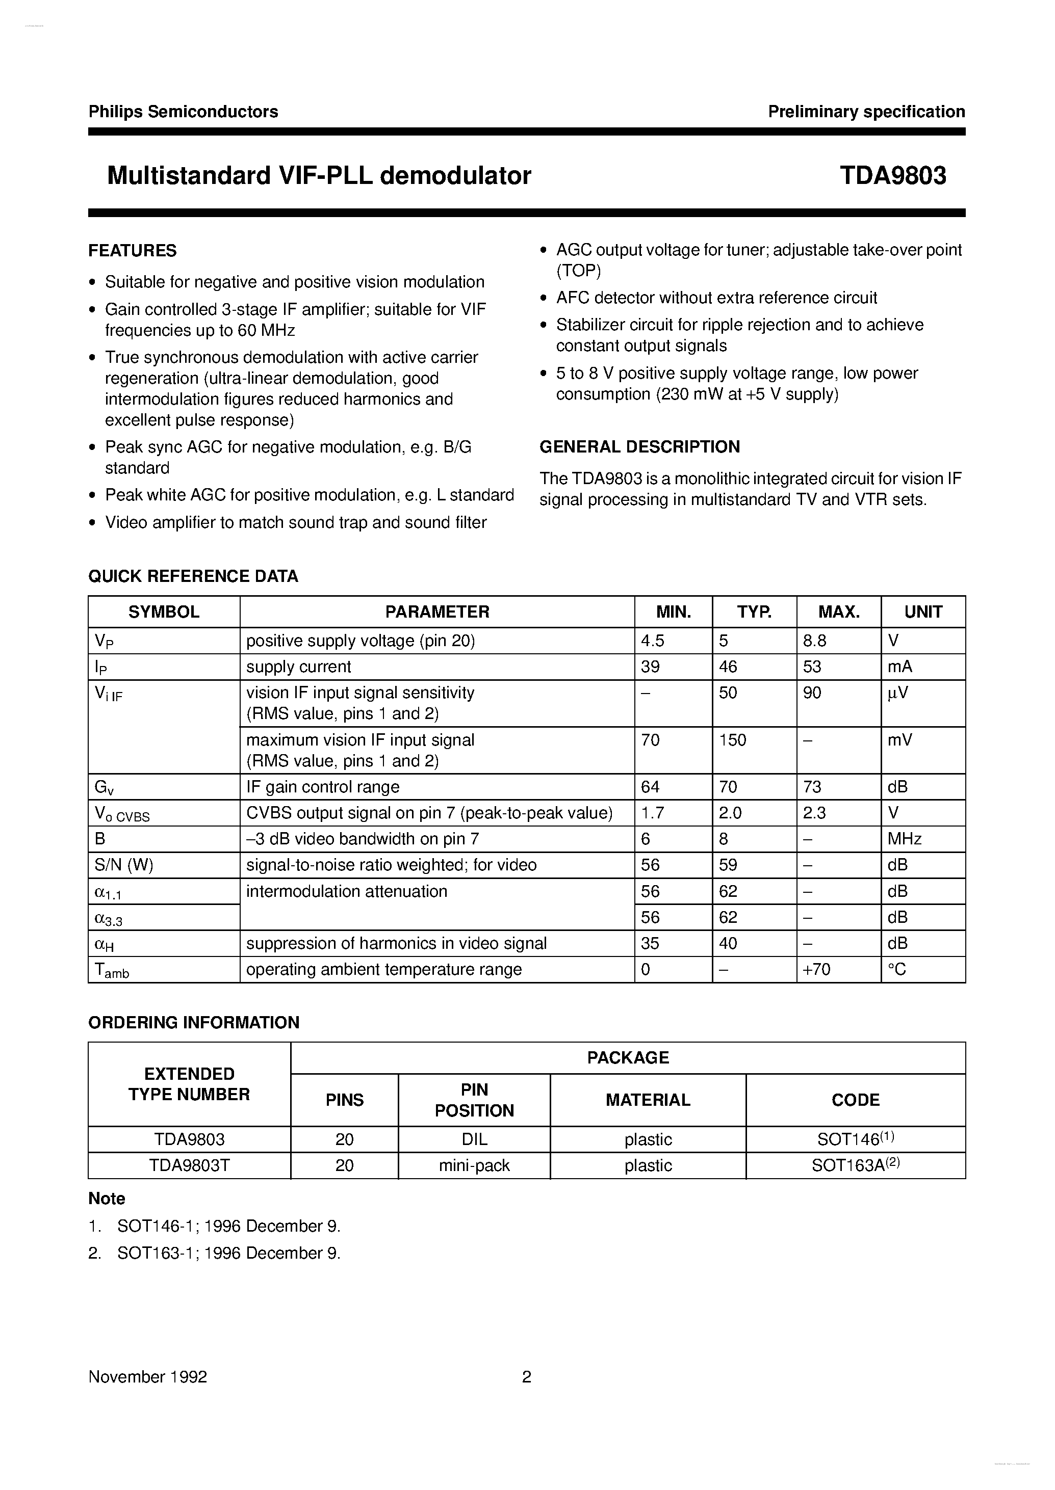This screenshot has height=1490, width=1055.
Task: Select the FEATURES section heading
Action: (x=133, y=251)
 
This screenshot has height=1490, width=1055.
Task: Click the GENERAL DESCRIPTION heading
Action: (x=639, y=447)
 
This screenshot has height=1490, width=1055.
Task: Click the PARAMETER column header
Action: (x=436, y=611)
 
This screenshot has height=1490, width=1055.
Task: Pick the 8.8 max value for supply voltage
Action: (x=815, y=641)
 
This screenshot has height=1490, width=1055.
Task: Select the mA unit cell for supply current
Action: (x=900, y=667)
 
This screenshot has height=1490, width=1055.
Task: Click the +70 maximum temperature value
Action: (x=816, y=969)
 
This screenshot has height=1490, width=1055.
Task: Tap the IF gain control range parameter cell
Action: (x=323, y=787)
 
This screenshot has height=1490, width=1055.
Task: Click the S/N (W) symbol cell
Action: (x=124, y=865)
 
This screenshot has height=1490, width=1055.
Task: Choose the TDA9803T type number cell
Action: (x=189, y=1165)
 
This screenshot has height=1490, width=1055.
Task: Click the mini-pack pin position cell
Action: (x=474, y=1165)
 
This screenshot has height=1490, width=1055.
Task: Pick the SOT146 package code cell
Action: (x=855, y=1139)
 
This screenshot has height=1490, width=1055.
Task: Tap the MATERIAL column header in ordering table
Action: (x=647, y=1100)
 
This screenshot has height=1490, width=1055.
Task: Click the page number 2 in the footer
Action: (x=526, y=1376)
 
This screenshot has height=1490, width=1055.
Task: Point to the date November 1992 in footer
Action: (x=147, y=1376)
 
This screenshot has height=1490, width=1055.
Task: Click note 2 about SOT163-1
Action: (x=214, y=1253)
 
